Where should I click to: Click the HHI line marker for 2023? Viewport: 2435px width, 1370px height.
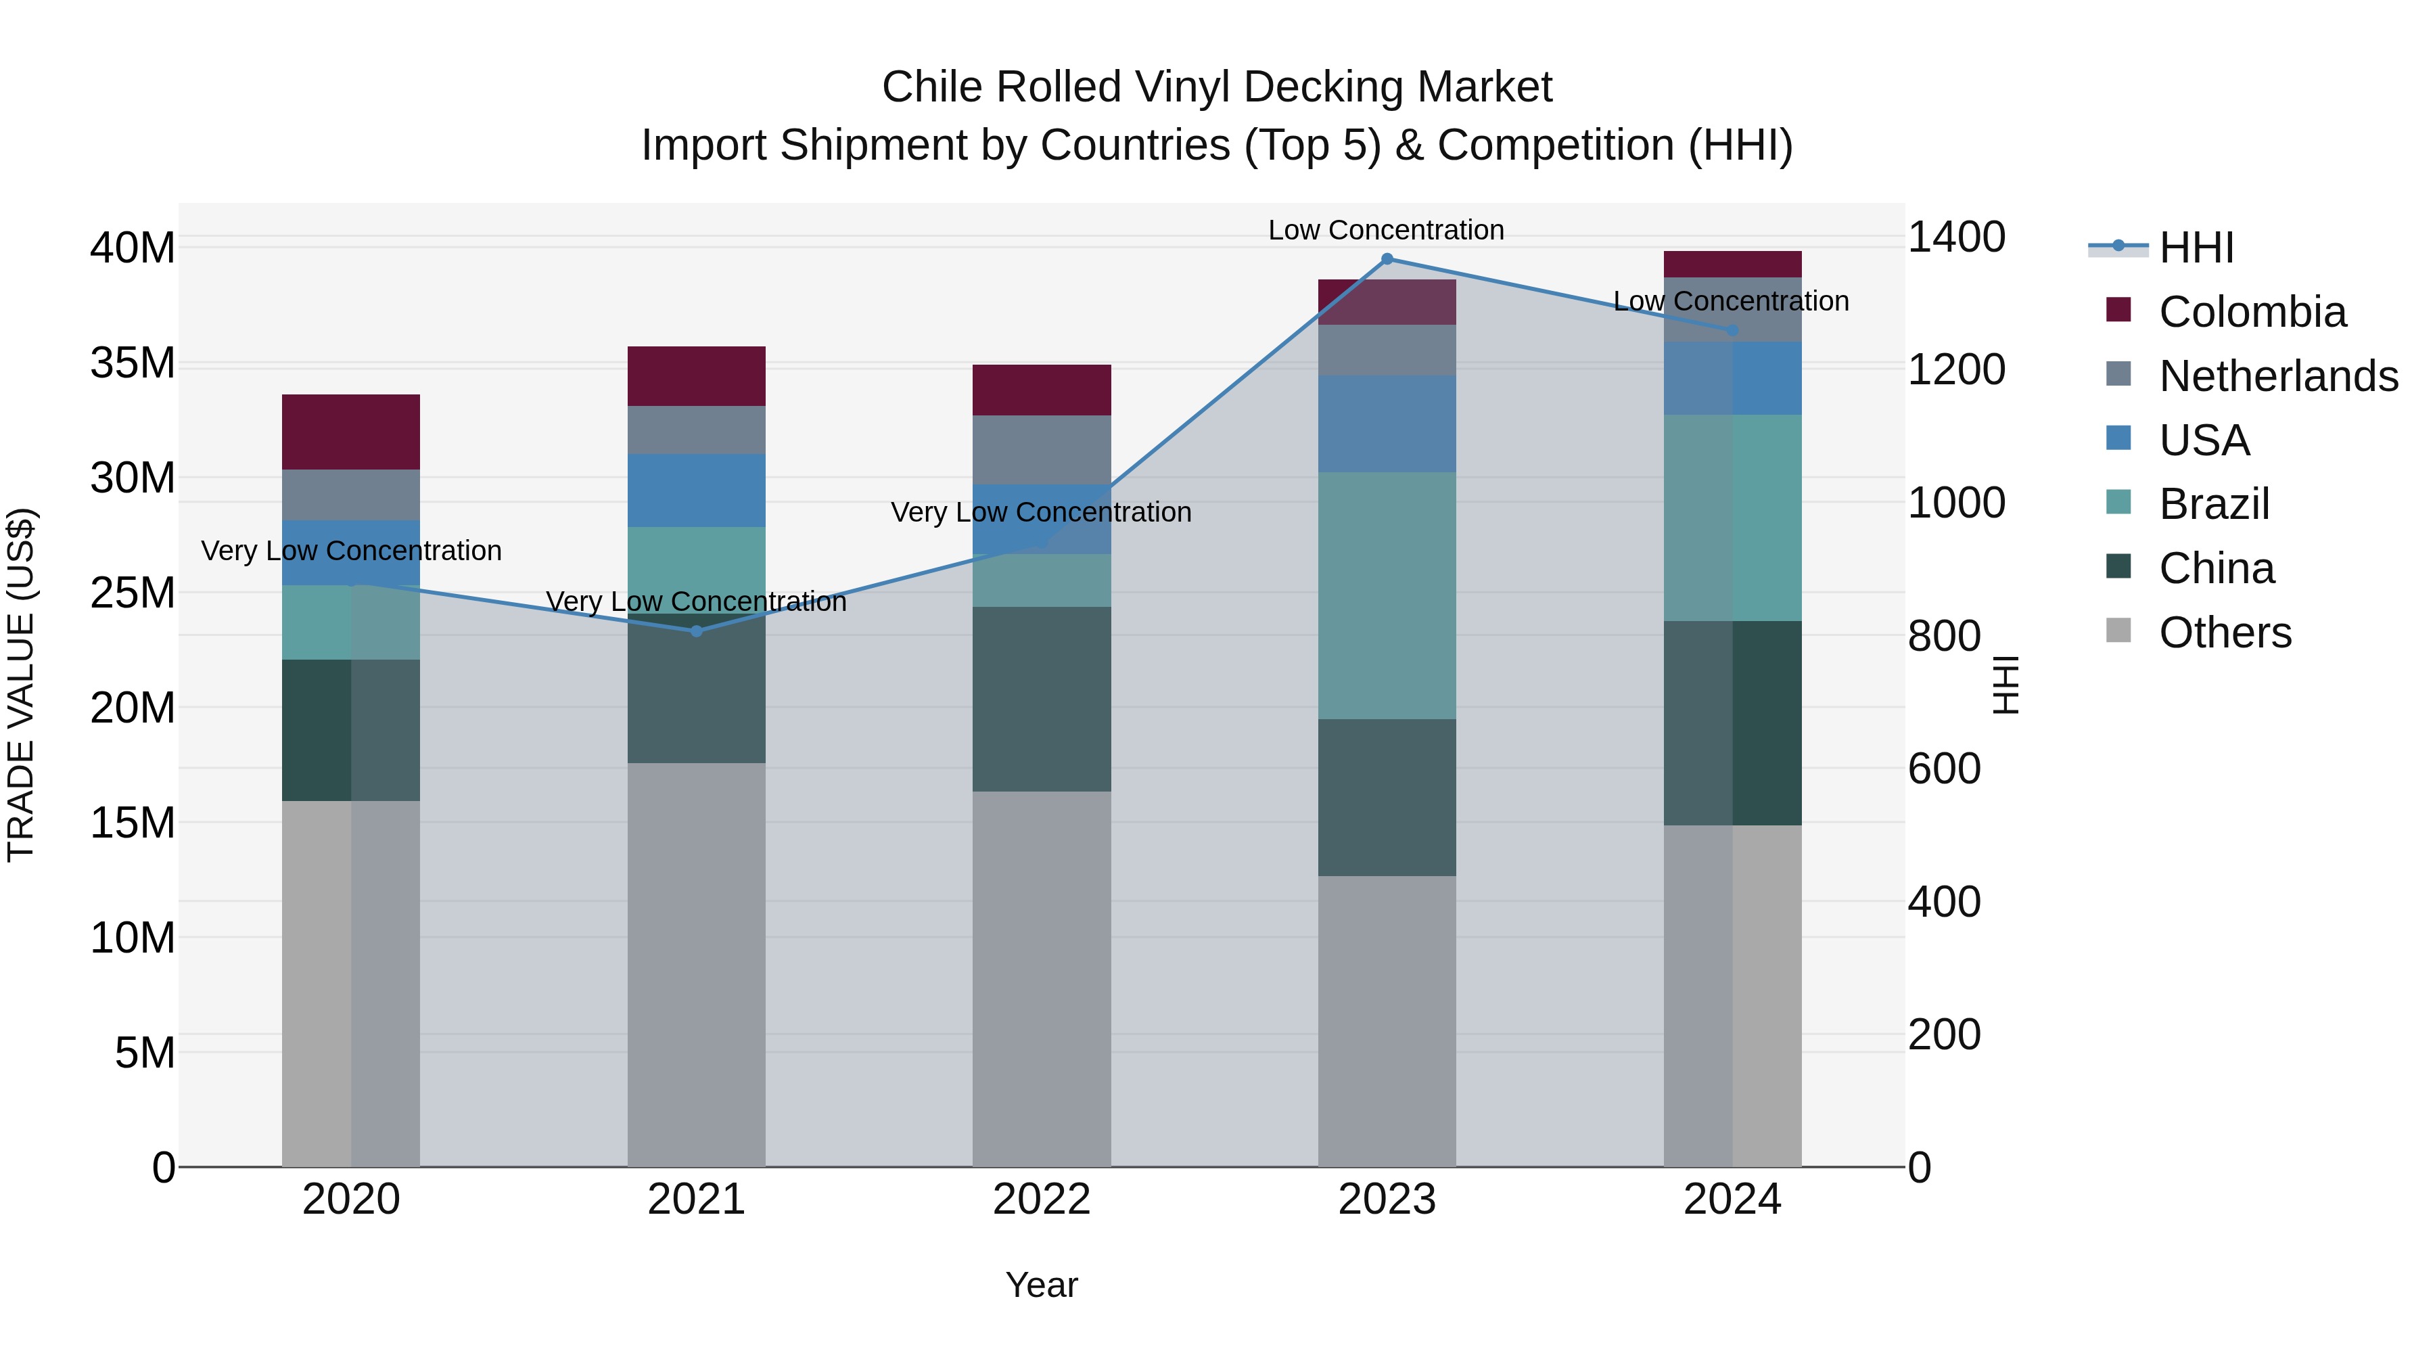1387,259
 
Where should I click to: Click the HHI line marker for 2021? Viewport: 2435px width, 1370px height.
697,631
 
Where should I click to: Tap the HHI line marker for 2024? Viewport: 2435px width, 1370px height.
1733,331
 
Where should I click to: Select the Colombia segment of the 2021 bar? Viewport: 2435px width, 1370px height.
697,376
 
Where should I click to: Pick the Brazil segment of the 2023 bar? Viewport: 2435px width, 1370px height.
1387,595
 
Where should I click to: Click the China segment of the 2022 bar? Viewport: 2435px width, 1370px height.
1042,699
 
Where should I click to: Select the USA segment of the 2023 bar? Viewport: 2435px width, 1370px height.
1387,424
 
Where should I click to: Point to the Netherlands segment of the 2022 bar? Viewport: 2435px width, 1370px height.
1042,450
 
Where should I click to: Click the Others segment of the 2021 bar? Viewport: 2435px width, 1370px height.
697,964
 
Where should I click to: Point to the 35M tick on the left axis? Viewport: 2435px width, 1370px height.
133,363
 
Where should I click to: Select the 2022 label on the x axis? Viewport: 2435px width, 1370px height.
1042,1200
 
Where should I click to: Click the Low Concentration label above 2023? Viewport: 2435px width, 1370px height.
1386,230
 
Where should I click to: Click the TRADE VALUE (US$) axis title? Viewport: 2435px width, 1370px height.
21,685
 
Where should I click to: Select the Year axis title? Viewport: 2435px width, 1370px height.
1042,1285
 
